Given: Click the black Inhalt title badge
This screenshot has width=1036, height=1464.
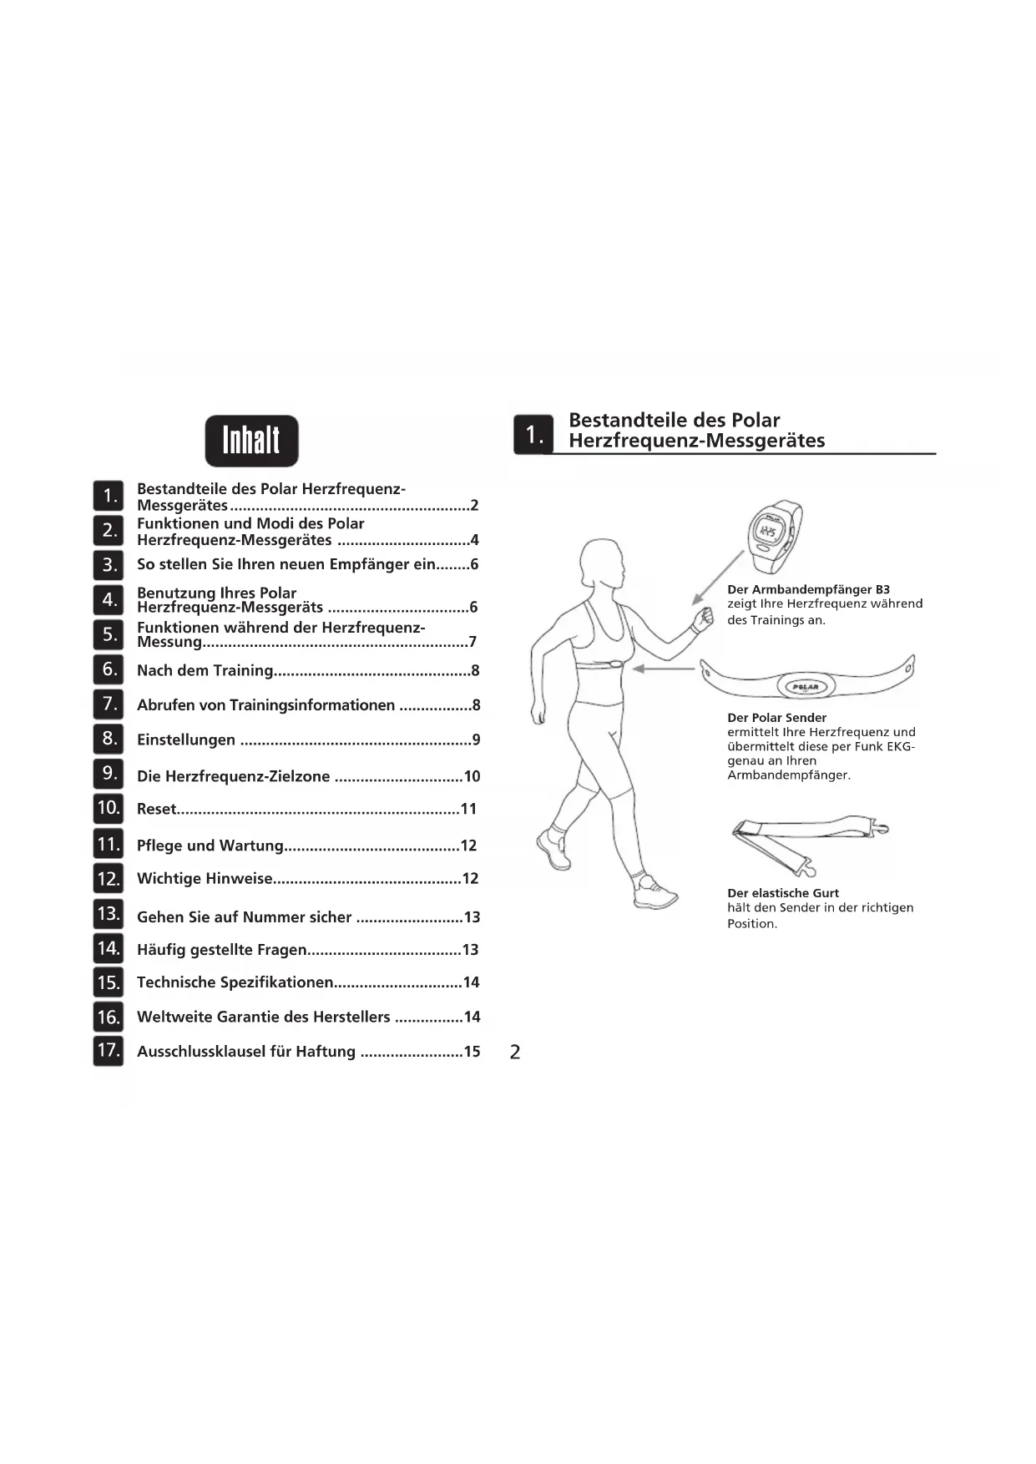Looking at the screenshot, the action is click(251, 441).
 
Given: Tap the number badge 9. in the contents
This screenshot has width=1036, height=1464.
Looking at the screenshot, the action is click(109, 774).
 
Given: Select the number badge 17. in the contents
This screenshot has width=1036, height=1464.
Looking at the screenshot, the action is click(109, 1050).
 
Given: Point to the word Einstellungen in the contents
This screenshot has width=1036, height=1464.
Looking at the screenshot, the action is click(186, 740).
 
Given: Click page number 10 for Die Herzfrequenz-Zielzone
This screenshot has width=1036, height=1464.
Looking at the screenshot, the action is click(472, 776).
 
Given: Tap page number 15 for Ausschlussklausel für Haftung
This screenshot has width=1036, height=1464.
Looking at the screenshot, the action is click(472, 1052).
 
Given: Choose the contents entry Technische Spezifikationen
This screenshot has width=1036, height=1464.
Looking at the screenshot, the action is click(235, 982).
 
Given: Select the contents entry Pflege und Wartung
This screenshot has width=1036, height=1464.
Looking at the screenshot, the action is click(210, 846).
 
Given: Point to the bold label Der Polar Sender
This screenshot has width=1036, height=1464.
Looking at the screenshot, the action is click(776, 718).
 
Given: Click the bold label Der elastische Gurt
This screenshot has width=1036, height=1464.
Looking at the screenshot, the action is click(783, 893).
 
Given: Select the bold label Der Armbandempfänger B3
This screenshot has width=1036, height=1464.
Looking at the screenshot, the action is click(808, 589).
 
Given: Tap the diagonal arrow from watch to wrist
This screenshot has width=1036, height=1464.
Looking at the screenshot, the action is click(719, 576).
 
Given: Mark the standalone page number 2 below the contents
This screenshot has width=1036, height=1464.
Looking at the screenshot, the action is click(515, 1052).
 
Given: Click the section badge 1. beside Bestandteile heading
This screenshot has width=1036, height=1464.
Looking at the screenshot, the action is click(533, 435).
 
